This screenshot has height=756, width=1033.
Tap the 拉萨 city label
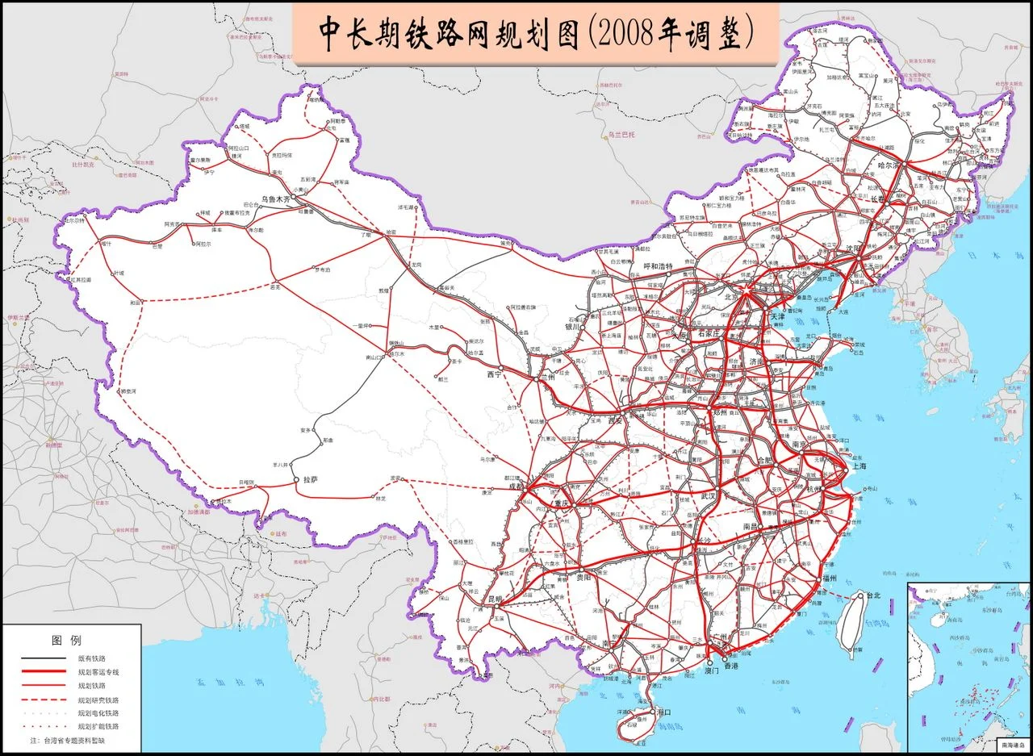coord(311,479)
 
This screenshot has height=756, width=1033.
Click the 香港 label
coord(730,667)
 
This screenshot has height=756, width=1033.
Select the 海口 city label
coord(663,712)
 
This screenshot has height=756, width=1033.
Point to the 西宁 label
coord(494,374)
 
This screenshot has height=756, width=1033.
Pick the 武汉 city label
coord(709,495)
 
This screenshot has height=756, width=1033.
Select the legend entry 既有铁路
coord(90,658)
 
